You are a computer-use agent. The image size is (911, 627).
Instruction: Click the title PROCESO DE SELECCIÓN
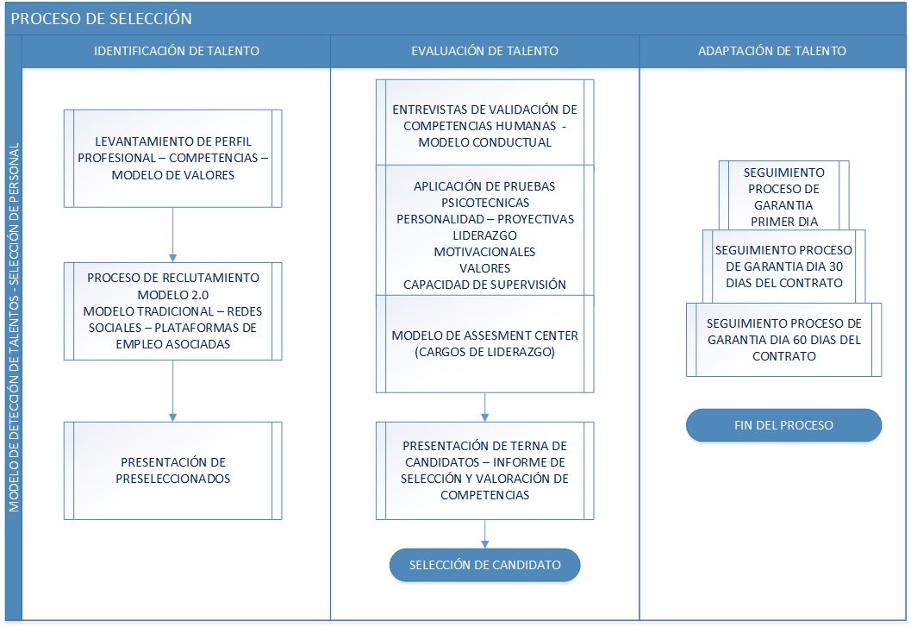[x=101, y=19]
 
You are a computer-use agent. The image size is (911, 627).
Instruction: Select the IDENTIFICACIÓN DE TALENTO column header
[x=177, y=51]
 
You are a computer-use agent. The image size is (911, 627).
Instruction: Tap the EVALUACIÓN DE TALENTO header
[x=484, y=51]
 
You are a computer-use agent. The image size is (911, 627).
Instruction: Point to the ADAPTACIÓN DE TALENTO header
[x=772, y=51]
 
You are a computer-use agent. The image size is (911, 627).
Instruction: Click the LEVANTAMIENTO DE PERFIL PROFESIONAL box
[x=172, y=158]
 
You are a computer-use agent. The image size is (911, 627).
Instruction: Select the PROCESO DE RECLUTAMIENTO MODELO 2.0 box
[x=172, y=311]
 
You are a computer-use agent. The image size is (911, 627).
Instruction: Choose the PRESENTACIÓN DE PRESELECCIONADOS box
[x=172, y=471]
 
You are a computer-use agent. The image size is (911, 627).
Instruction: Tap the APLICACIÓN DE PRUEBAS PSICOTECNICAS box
[x=484, y=230]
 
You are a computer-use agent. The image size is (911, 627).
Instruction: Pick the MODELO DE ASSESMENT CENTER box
[x=484, y=344]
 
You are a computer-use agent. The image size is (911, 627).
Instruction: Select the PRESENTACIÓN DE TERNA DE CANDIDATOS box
[x=484, y=471]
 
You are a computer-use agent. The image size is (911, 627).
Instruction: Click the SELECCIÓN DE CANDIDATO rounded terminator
[x=484, y=565]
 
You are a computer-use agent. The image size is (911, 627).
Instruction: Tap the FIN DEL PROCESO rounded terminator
[x=783, y=425]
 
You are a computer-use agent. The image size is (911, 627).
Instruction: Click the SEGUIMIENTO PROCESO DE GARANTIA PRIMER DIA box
[x=783, y=196]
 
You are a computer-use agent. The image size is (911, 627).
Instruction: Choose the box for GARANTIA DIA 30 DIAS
[x=783, y=266]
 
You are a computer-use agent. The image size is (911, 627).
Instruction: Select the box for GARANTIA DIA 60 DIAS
[x=783, y=340]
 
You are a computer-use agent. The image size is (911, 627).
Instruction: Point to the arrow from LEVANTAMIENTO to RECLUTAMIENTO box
[x=172, y=235]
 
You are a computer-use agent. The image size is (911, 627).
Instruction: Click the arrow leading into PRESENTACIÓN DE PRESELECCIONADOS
[x=172, y=391]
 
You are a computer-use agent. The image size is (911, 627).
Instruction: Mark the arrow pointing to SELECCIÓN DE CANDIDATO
[x=484, y=534]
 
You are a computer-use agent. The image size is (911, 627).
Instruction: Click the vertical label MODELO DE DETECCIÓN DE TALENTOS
[x=14, y=328]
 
